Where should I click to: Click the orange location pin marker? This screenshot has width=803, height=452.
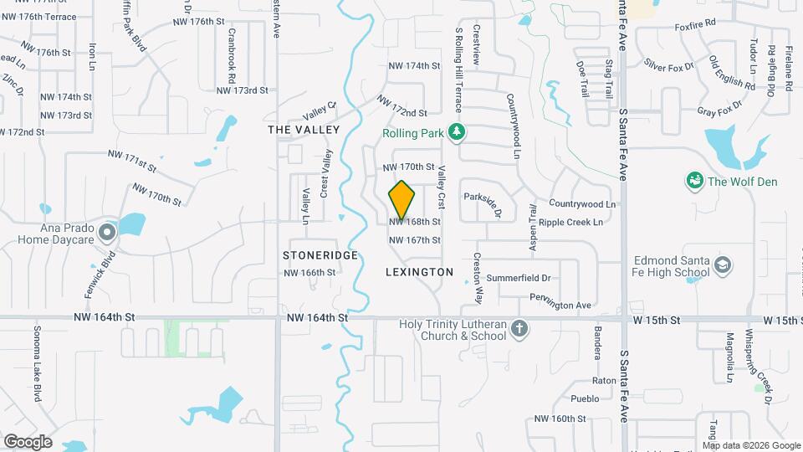tap(402, 200)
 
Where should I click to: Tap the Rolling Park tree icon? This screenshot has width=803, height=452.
tap(457, 131)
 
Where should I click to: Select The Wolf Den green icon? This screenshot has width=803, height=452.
tap(693, 180)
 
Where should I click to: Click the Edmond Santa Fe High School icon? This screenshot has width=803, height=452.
tap(722, 266)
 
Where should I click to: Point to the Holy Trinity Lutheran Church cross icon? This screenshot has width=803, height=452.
tap(519, 328)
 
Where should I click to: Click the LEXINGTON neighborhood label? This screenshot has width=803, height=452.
tap(419, 272)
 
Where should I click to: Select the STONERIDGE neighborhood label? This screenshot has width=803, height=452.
tap(320, 254)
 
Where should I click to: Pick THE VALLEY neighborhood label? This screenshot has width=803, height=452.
tap(304, 130)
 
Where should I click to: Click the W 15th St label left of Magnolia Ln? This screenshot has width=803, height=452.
tap(657, 321)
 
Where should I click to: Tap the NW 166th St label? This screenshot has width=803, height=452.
tap(309, 273)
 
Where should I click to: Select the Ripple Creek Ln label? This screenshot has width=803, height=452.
tap(570, 223)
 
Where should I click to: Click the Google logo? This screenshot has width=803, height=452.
tap(28, 441)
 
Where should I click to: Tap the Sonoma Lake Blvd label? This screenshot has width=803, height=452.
tap(38, 363)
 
